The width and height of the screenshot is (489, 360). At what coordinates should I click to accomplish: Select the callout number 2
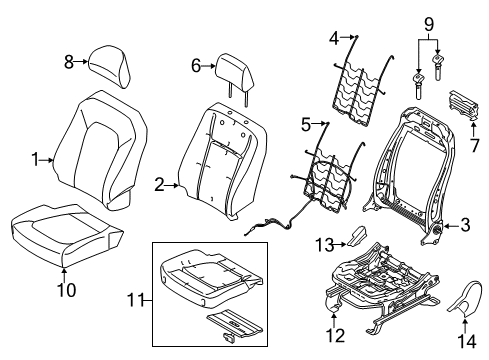(x=159, y=183)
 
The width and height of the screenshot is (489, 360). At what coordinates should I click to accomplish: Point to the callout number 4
(x=334, y=40)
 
